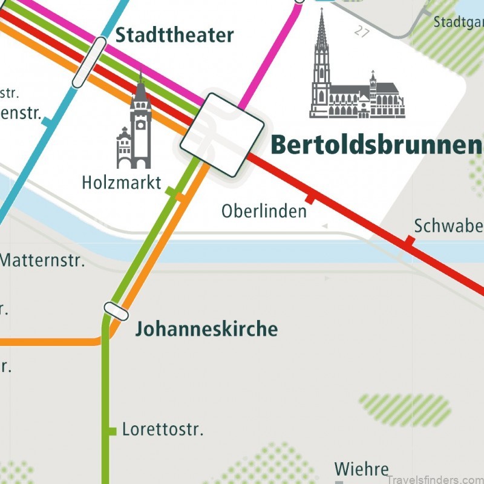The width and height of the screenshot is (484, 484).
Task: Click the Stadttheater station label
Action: (174, 35)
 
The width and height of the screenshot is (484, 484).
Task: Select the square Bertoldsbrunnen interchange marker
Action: (222, 134)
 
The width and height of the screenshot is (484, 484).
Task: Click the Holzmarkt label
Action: (122, 182)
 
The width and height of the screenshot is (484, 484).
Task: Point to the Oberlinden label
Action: (264, 211)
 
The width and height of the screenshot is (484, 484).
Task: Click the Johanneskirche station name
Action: (206, 329)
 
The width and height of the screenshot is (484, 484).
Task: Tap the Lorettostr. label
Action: (163, 430)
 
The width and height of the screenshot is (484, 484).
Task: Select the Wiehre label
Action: (361, 469)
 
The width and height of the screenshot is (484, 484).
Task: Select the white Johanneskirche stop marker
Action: (116, 311)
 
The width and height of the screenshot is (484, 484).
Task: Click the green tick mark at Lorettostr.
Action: (112, 431)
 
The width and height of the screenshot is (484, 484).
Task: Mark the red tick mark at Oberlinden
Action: (310, 198)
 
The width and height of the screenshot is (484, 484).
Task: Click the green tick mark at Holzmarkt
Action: (174, 193)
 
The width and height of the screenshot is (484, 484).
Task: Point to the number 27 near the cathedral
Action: (362, 31)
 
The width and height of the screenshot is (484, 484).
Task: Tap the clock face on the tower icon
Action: (141, 126)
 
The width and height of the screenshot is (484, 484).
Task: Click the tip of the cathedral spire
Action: (321, 10)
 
